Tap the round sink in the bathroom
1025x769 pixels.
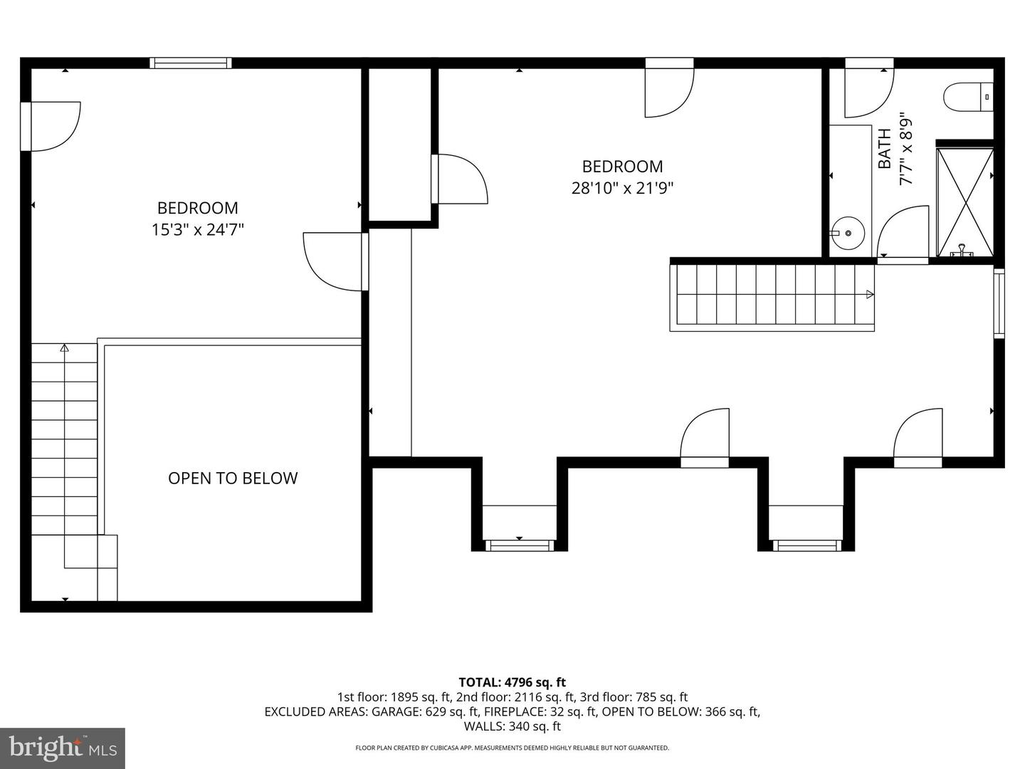848,233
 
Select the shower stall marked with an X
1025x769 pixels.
964,202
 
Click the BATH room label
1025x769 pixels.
884,148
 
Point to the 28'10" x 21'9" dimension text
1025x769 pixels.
622,189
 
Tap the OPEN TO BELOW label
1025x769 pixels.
233,478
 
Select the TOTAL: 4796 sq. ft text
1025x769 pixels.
512,682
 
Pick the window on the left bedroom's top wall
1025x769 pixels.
191,63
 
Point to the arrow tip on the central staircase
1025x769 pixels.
870,294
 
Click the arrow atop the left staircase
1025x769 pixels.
64,348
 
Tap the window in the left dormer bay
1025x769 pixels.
519,545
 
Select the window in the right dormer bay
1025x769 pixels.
806,545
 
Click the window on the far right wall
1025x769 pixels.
999,303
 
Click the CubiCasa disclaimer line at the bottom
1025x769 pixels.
512,748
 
